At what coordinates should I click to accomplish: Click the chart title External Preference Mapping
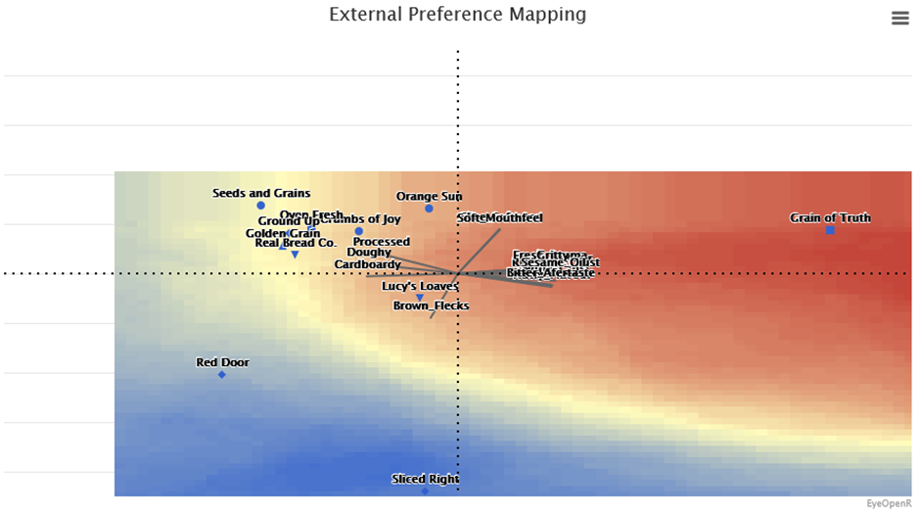pos(457,15)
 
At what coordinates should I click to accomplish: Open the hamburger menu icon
pos(899,18)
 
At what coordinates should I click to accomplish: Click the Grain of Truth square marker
pos(830,230)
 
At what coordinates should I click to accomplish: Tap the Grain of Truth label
pos(830,217)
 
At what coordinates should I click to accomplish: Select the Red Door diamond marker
pos(222,375)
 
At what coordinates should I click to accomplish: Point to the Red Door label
pos(222,362)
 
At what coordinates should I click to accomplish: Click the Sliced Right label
pos(425,479)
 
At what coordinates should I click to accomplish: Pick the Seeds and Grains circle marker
pos(261,206)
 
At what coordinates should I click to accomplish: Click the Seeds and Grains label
pos(261,193)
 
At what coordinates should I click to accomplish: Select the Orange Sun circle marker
pos(429,209)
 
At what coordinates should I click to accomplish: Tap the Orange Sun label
pos(429,196)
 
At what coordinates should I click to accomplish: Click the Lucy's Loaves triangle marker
pos(420,298)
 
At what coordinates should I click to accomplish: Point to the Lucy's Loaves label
pos(420,286)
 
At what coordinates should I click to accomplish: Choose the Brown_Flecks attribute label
pos(431,305)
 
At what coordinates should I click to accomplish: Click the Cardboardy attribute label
pos(367,264)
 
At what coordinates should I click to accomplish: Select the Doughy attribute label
pos(369,253)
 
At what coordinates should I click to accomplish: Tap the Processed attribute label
pos(382,241)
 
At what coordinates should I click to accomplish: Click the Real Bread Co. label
pos(296,242)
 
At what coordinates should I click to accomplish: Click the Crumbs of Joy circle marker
pos(359,232)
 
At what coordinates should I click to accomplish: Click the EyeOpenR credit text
pos(889,503)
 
